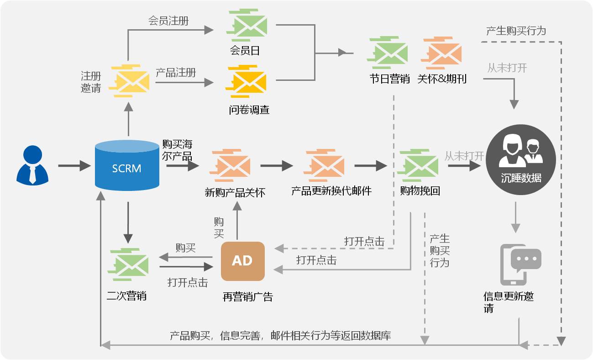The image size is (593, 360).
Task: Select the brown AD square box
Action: coord(242,261)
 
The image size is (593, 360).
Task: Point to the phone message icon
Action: coord(520,265)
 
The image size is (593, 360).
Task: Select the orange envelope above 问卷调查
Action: coord(247,82)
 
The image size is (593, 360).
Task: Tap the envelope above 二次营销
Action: coord(129,265)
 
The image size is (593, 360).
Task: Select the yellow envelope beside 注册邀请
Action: coord(129,81)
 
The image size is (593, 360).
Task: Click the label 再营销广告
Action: coord(247,296)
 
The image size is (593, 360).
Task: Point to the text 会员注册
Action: coord(168,21)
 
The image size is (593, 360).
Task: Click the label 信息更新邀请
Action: coord(508,302)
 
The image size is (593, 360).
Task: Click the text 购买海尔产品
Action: coord(177,150)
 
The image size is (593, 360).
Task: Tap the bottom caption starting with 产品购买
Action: coord(280,335)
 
